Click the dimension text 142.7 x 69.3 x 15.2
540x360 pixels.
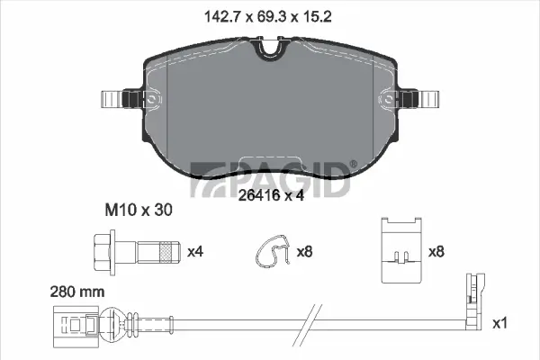pos(269,14)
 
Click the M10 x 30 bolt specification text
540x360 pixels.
pos(133,209)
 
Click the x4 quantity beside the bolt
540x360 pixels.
pos(194,250)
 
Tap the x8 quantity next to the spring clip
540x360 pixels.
pos(305,250)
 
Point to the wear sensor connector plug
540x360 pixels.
pos(74,320)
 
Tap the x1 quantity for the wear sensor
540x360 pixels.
pos(501,320)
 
